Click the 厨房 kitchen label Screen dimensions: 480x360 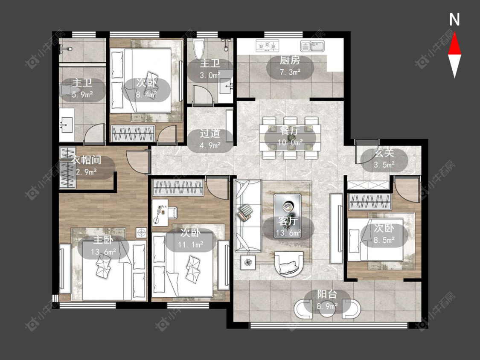[x=290, y=60]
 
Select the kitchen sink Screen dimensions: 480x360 [x=313, y=46]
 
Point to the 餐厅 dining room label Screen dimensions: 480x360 [x=290, y=131]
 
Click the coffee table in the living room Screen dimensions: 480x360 [x=288, y=208]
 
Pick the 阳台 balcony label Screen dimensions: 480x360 [x=327, y=294]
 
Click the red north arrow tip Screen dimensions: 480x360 [x=454, y=33]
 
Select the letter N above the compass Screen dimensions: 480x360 [x=454, y=20]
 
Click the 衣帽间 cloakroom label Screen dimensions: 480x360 [x=87, y=160]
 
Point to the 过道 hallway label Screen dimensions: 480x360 [x=210, y=134]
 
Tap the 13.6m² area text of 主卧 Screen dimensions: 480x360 [x=103, y=252]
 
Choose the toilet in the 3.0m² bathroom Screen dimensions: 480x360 [x=199, y=49]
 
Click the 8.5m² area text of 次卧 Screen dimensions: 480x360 [x=384, y=240]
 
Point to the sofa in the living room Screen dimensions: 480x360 [x=247, y=215]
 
